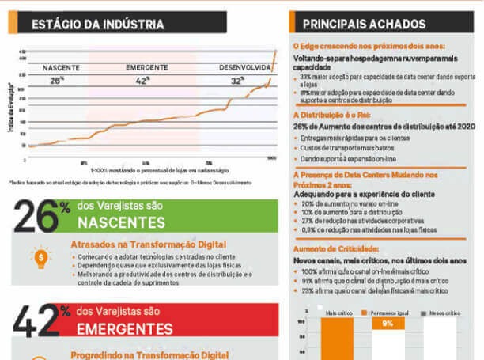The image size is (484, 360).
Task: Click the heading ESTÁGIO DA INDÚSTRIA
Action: [x=98, y=25]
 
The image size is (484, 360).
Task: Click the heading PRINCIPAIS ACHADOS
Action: [x=365, y=25]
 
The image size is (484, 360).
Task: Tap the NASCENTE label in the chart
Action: [x=60, y=68]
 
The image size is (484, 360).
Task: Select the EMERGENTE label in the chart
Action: [x=146, y=68]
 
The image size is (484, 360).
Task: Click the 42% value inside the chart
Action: [x=142, y=81]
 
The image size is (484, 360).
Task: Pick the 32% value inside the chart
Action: [x=237, y=81]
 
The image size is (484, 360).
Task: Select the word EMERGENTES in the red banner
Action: [x=124, y=326]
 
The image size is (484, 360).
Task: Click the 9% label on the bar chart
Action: [x=388, y=323]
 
